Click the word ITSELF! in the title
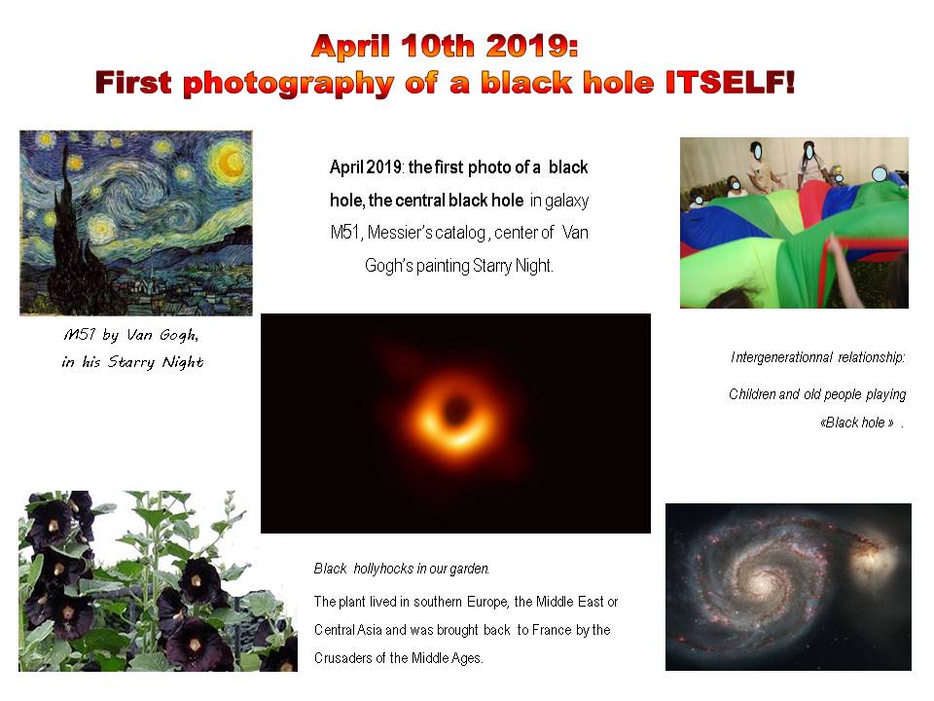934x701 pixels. click(730, 82)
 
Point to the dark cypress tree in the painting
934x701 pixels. click(67, 233)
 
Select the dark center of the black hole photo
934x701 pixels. click(456, 410)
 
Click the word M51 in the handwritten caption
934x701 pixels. click(79, 334)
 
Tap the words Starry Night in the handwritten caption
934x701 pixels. click(156, 362)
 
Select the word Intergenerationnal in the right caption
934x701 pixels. click(781, 357)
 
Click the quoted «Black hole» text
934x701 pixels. click(856, 423)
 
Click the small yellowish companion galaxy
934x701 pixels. click(872, 557)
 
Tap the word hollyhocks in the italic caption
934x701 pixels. click(383, 569)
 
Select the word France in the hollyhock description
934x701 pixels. click(552, 630)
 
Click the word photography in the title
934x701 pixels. click(288, 84)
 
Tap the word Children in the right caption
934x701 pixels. click(752, 394)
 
